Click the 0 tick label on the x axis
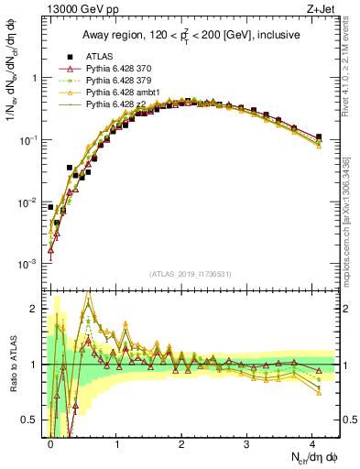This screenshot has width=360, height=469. (x=51, y=444)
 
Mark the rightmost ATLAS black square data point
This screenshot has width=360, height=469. (x=318, y=136)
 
